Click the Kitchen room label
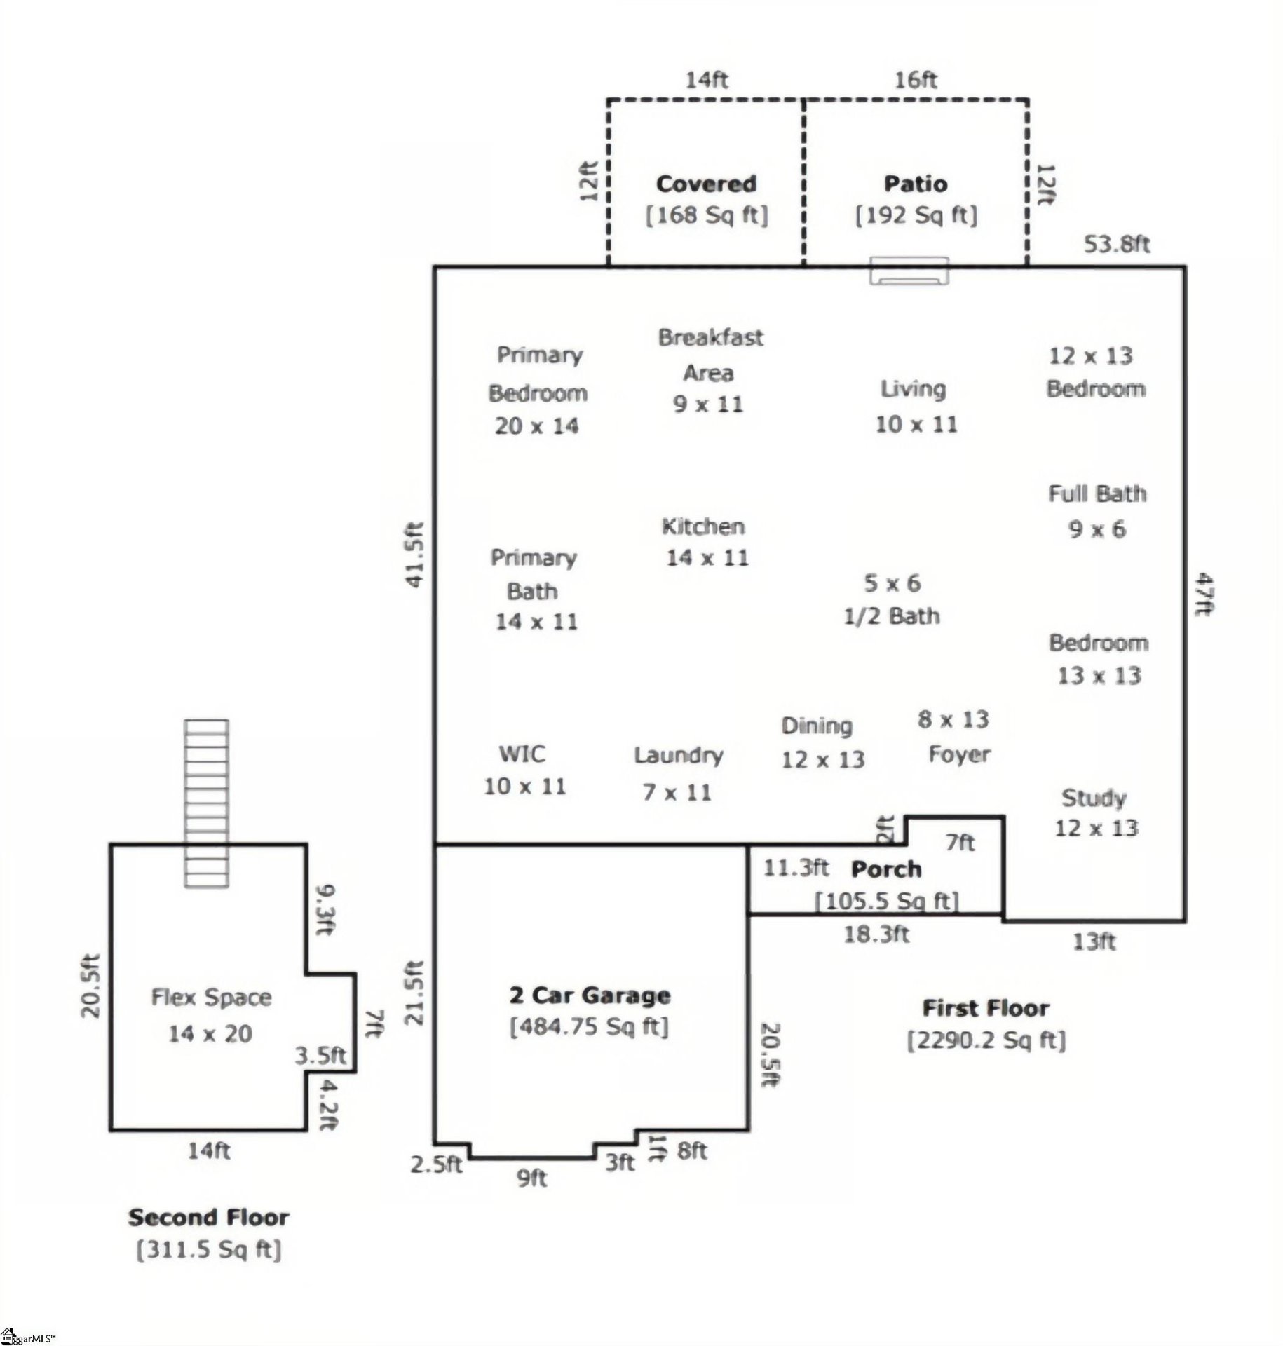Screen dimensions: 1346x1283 703,527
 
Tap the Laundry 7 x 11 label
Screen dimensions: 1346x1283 677,773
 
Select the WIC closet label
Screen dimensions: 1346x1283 522,754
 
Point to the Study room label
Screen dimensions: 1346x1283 1094,798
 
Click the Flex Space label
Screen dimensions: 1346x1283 211,998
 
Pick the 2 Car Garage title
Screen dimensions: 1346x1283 590,995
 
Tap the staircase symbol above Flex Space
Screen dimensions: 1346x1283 206,803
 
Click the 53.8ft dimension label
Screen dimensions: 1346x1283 1117,244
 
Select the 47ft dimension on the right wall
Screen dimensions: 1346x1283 1203,594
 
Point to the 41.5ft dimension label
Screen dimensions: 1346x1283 416,555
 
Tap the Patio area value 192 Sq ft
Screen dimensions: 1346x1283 916,215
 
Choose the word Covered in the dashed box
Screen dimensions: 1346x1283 706,184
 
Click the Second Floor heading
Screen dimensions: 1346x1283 208,1218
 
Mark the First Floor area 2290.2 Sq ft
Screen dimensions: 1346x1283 986,1040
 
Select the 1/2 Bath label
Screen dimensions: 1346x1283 891,616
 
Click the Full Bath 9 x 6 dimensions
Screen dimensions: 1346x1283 1097,529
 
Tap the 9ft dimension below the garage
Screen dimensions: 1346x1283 532,1178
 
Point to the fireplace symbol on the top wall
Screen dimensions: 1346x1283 909,271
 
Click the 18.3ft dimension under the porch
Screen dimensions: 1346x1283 876,934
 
